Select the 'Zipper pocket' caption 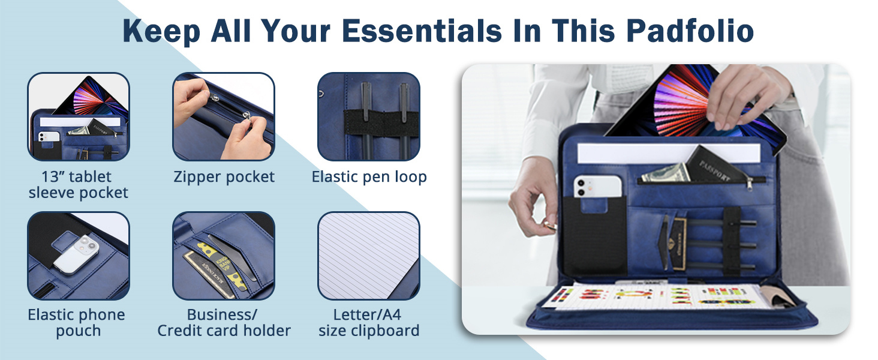[x=224, y=177]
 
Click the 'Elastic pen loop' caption [x=369, y=177]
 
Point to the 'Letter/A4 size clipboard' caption [x=369, y=322]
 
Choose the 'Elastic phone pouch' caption [x=77, y=322]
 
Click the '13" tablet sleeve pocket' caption [x=78, y=184]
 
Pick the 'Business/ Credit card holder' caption [x=224, y=322]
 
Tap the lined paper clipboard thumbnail [x=368, y=256]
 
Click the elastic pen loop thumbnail [x=368, y=116]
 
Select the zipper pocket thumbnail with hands [x=224, y=116]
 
